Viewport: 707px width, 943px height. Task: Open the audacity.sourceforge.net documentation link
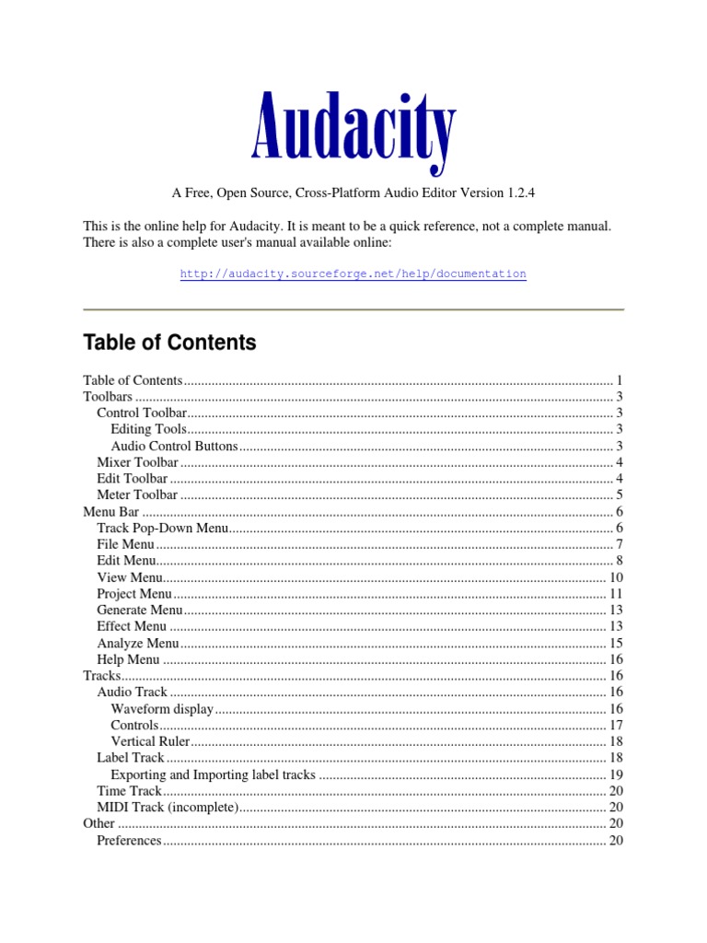(353, 274)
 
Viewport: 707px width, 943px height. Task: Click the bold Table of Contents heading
(169, 343)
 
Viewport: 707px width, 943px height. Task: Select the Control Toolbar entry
(142, 413)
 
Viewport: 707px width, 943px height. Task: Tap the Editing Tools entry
(148, 430)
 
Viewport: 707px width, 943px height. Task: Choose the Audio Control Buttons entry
(174, 447)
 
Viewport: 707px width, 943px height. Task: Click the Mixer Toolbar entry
(137, 462)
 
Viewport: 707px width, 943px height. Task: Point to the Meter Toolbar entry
(137, 495)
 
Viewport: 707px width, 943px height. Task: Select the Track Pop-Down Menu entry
(162, 528)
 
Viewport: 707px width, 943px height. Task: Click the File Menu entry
(125, 544)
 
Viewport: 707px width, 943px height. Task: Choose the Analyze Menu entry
(137, 643)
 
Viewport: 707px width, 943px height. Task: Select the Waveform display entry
(162, 709)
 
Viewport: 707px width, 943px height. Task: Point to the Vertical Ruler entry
(150, 741)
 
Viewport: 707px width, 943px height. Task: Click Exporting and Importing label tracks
(213, 774)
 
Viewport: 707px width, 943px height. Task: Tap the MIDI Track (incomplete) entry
(168, 808)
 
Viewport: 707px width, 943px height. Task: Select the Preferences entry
(129, 841)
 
